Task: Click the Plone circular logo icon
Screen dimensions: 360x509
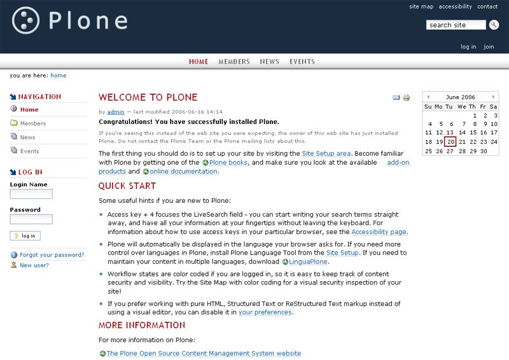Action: click(x=26, y=20)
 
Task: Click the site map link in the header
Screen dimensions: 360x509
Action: click(x=421, y=7)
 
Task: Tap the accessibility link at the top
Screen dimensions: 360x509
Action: click(x=455, y=7)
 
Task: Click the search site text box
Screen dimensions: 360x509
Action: click(x=456, y=25)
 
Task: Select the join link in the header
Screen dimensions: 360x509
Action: click(x=489, y=46)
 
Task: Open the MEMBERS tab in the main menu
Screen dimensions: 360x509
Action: click(x=234, y=62)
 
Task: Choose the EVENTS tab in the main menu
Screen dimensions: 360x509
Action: click(x=302, y=62)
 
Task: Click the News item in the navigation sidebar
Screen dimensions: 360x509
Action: click(x=27, y=137)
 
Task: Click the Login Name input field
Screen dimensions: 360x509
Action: click(x=31, y=194)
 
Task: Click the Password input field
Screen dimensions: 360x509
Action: click(x=31, y=219)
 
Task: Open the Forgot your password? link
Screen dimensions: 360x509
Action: click(x=52, y=255)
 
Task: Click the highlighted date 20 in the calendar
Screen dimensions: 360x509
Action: click(x=450, y=142)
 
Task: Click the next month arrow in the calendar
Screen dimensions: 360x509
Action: click(x=494, y=97)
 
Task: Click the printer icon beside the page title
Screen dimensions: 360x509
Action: click(x=407, y=98)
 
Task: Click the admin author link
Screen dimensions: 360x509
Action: click(x=115, y=111)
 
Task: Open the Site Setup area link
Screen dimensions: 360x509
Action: click(x=326, y=153)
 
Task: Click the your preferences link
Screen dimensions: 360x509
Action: click(x=265, y=312)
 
